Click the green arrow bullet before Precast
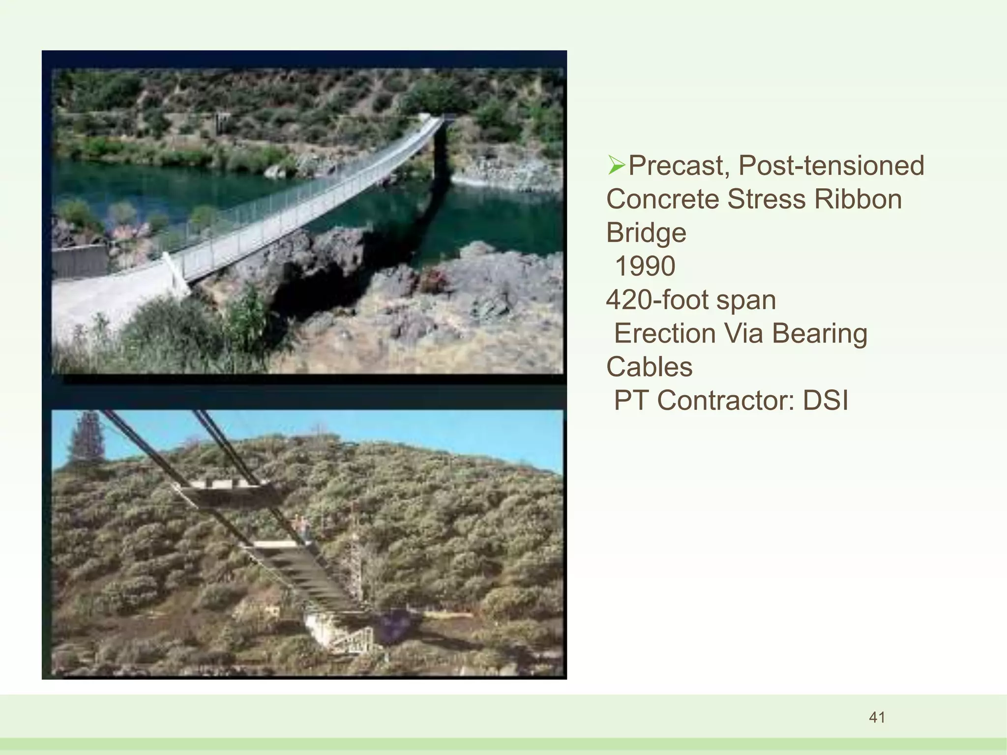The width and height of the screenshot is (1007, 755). (616, 165)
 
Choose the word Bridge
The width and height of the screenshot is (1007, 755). (646, 233)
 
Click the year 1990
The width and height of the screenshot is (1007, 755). (645, 266)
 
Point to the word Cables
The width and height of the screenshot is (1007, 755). (649, 367)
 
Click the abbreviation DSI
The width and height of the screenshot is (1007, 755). (826, 400)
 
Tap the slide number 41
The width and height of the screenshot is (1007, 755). (877, 718)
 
